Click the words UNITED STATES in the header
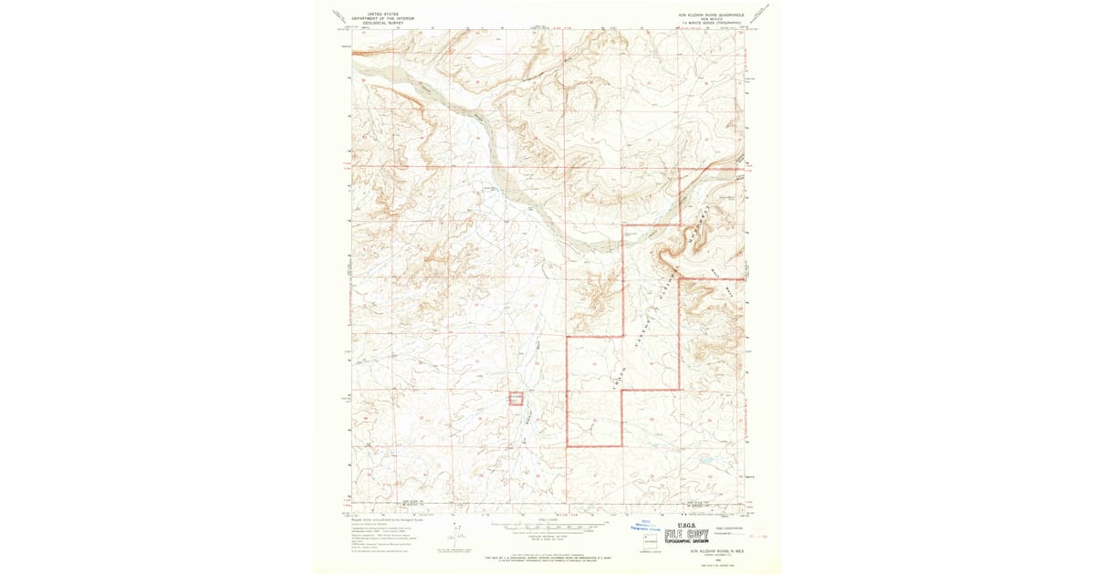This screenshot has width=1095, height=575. coord(383,15)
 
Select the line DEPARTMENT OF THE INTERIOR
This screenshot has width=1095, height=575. coord(383,18)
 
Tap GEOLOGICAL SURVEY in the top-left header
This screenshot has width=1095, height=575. coord(383,23)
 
